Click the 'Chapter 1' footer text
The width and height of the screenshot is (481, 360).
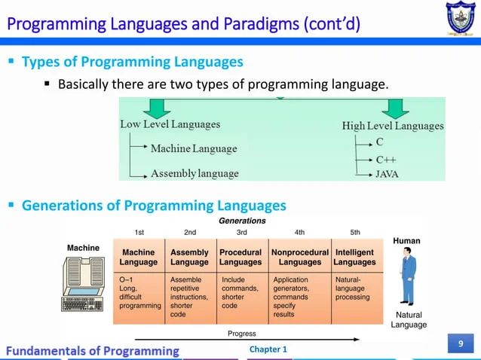click(x=268, y=349)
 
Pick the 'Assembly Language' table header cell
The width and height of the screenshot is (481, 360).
click(x=189, y=258)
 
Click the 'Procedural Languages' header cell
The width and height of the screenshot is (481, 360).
click(x=240, y=258)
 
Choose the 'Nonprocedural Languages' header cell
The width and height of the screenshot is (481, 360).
click(x=299, y=258)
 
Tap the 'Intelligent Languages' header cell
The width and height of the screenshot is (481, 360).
click(x=354, y=258)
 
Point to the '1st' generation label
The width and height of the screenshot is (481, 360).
click(x=139, y=232)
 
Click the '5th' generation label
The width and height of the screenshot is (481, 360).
click(x=355, y=232)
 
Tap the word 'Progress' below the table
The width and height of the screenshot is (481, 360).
click(x=241, y=334)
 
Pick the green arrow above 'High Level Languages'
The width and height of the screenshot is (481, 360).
click(x=394, y=108)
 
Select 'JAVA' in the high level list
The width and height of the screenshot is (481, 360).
click(x=388, y=174)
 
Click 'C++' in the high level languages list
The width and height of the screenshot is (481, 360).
click(x=386, y=159)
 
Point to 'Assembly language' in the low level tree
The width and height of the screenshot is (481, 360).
click(x=195, y=173)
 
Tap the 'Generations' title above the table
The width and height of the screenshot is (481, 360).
click(x=242, y=221)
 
